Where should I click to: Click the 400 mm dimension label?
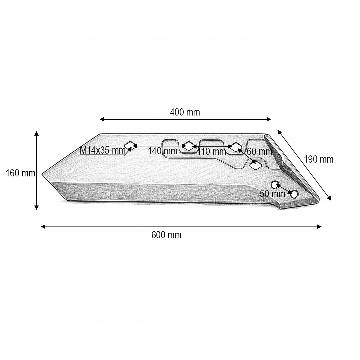[x=185, y=112]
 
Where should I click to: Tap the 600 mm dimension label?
[x=166, y=235]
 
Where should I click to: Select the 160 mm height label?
[x=21, y=173]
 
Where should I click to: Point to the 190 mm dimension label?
[x=319, y=159]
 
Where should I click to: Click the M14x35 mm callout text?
[x=103, y=150]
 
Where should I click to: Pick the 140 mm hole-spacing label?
[x=163, y=151]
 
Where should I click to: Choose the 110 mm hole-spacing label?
[x=212, y=151]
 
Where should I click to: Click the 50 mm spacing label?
[x=272, y=194]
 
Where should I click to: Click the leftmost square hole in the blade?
[x=130, y=146]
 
